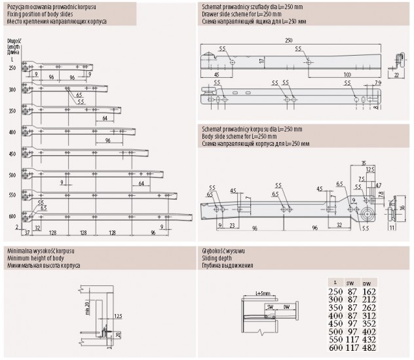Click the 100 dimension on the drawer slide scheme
click(345, 75)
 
